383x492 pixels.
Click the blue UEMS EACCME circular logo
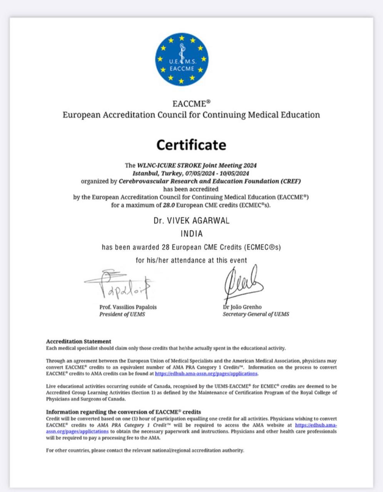click(x=182, y=59)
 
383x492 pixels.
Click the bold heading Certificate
click(x=191, y=145)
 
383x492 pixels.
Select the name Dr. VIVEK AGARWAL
click(x=191, y=221)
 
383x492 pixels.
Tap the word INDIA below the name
click(x=191, y=234)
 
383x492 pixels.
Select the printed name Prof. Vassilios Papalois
click(x=128, y=307)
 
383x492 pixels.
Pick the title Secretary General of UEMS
click(x=256, y=314)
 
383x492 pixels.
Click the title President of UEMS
click(x=122, y=314)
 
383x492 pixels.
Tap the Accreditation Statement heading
click(x=79, y=341)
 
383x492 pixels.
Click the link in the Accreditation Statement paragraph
click(x=206, y=374)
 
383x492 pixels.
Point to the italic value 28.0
click(x=170, y=205)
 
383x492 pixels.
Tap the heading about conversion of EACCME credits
click(x=123, y=412)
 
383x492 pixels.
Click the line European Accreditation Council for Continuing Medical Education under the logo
click(x=191, y=115)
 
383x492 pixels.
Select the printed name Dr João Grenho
click(x=242, y=307)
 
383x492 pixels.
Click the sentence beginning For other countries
click(x=145, y=450)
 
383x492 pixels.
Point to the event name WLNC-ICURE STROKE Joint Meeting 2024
click(x=197, y=166)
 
